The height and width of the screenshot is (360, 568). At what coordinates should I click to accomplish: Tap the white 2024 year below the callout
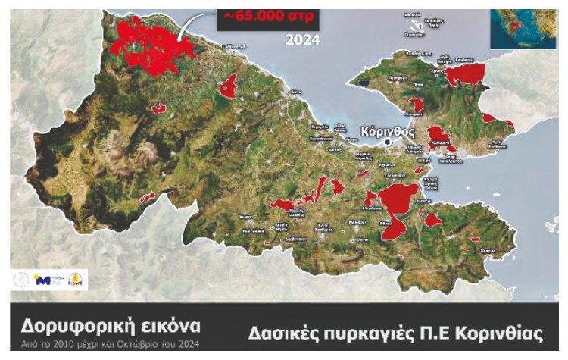point(302,39)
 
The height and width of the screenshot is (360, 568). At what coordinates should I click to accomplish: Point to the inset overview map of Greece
point(523,28)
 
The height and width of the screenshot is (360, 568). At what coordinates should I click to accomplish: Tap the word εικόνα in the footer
point(171,327)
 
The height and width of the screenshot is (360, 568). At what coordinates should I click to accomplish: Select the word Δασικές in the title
point(284,334)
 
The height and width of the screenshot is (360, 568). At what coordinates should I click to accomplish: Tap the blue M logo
point(43,280)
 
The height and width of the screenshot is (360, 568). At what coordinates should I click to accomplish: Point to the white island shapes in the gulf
point(413,27)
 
